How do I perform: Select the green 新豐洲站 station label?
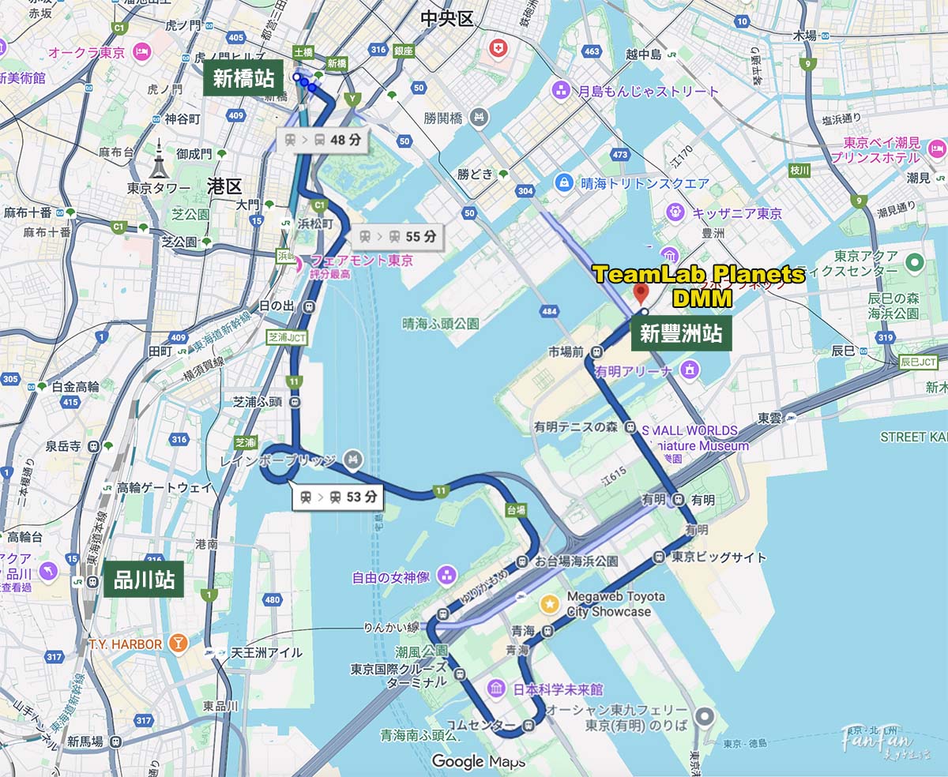(681, 334)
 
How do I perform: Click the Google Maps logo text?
(478, 761)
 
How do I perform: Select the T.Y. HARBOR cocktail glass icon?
(179, 644)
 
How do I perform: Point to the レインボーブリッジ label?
(278, 460)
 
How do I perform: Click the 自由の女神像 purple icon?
(446, 574)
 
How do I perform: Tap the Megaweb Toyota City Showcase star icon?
(548, 604)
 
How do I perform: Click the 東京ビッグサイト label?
(718, 557)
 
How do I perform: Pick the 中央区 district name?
(446, 18)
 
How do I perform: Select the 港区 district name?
(224, 186)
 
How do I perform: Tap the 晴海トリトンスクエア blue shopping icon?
(563, 183)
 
